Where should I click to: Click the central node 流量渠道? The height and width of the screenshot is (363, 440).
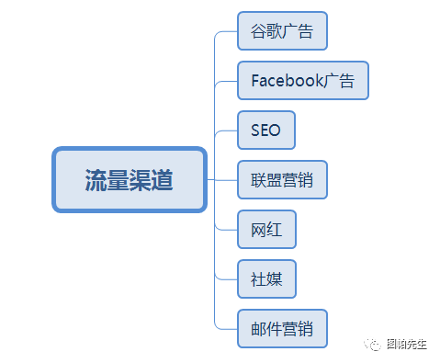[x=130, y=179]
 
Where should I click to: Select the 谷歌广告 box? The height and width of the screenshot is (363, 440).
[x=282, y=31]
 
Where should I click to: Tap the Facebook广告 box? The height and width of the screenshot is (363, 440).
[x=303, y=80]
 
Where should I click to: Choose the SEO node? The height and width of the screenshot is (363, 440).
[x=265, y=130]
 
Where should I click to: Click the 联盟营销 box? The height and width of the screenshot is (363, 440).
[x=282, y=180]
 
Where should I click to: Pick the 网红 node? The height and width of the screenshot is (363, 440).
[x=266, y=230]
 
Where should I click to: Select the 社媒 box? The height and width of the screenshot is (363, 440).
[x=266, y=279]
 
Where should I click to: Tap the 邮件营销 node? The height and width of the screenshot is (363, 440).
[x=282, y=328]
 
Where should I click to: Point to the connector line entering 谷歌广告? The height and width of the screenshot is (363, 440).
[x=226, y=31]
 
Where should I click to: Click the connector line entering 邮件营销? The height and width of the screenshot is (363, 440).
[x=226, y=328]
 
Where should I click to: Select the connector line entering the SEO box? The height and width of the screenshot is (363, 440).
[x=226, y=130]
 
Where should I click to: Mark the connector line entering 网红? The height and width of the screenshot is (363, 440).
[x=226, y=230]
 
